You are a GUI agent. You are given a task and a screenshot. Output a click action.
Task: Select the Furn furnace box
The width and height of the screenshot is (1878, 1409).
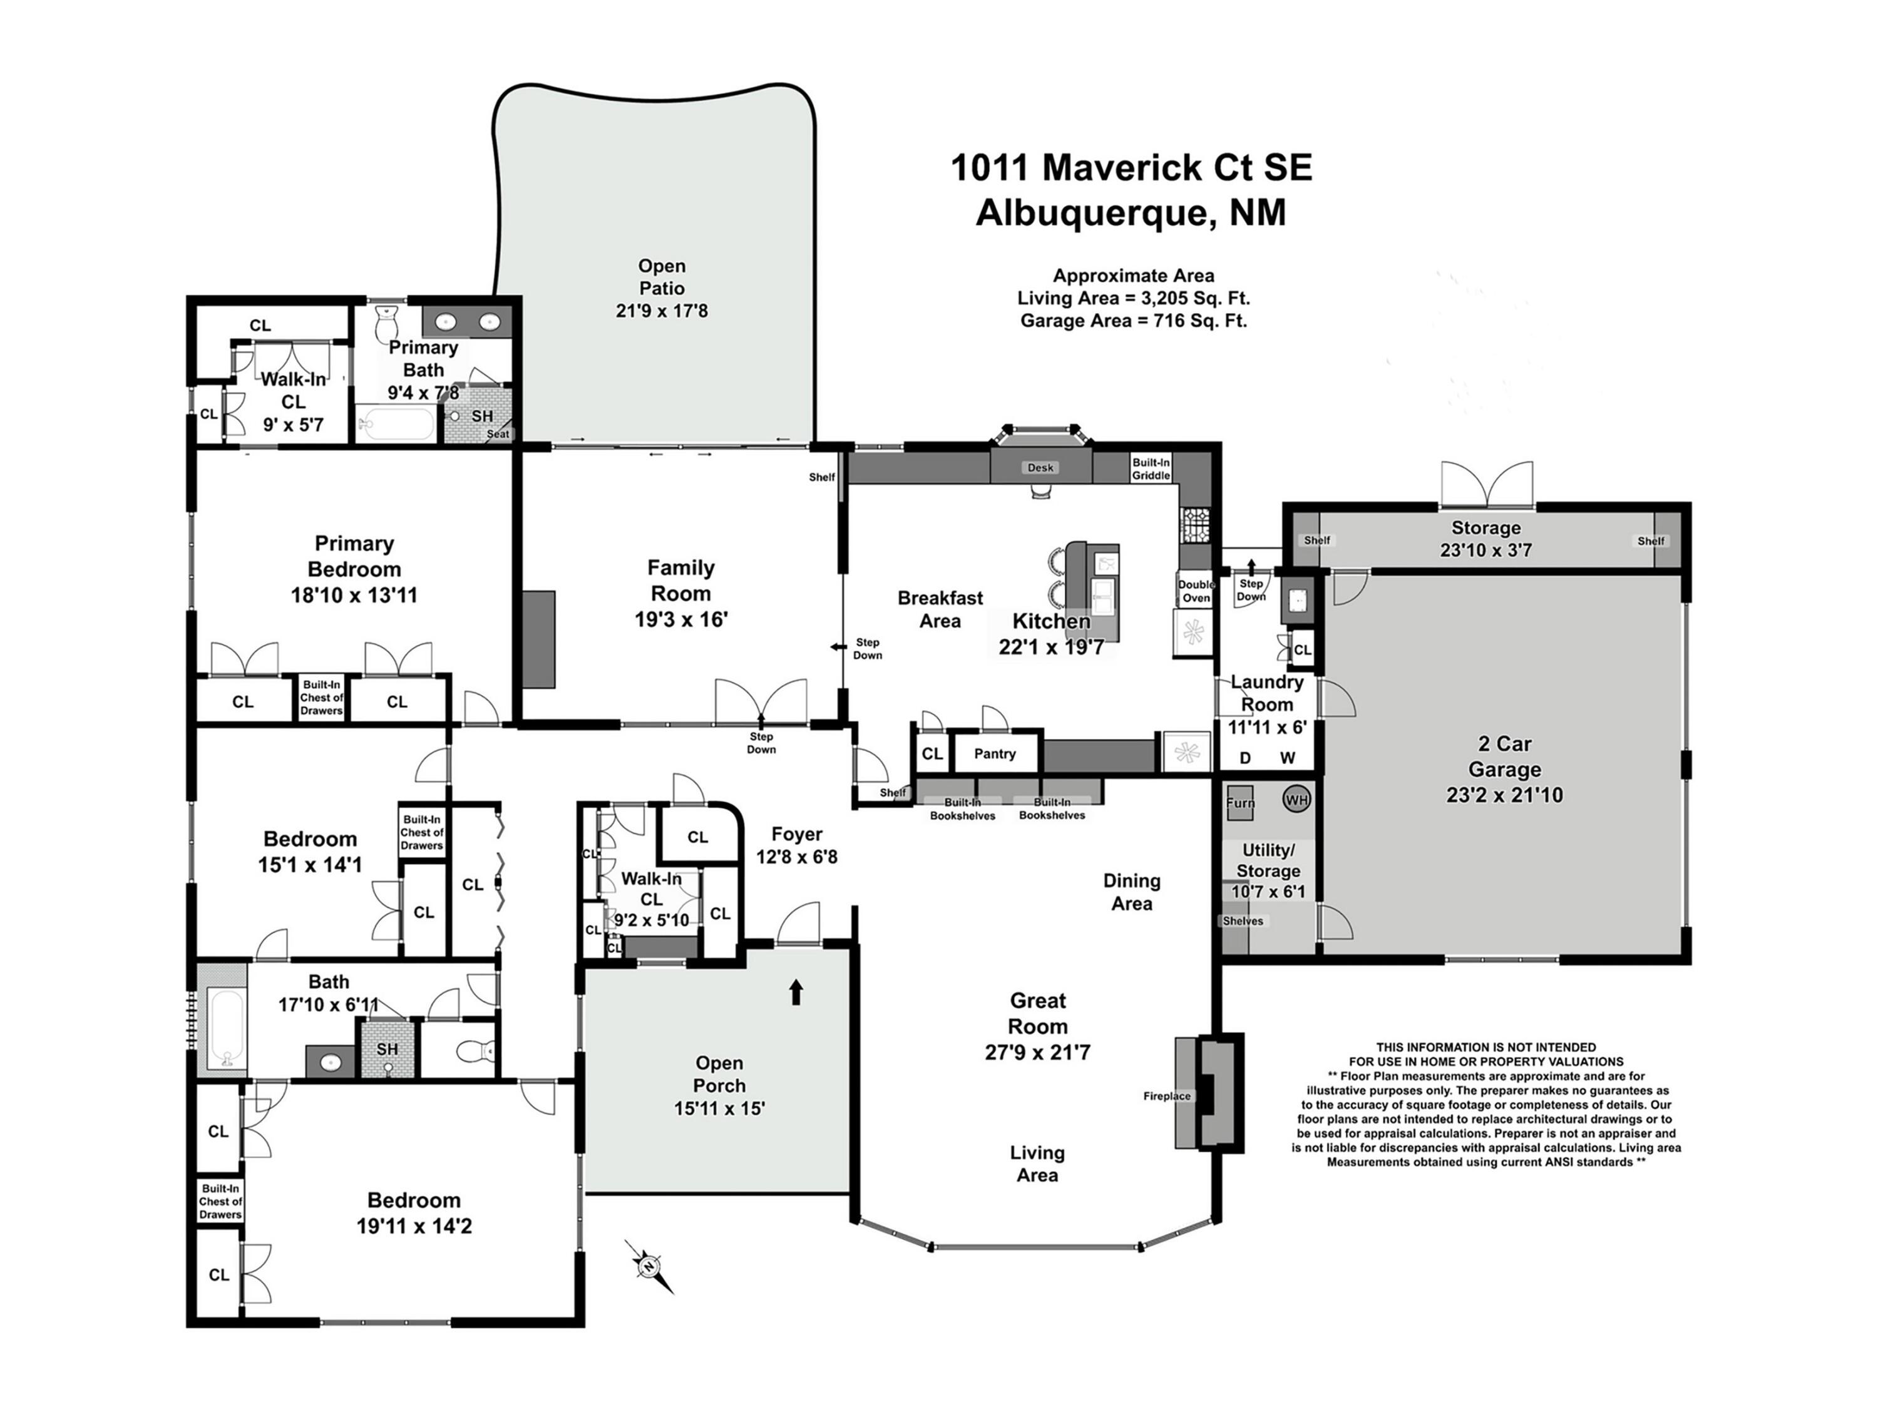[1239, 803]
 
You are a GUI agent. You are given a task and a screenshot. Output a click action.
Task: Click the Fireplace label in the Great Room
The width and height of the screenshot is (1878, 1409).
[1166, 1096]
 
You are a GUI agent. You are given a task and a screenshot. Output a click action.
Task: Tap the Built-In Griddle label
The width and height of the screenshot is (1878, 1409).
[1151, 469]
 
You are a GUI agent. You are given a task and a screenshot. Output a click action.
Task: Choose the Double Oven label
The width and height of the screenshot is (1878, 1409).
[1196, 591]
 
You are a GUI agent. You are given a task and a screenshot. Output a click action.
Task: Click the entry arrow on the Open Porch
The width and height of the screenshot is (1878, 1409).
[796, 992]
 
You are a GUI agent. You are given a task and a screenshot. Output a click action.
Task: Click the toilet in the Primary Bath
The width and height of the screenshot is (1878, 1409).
[386, 321]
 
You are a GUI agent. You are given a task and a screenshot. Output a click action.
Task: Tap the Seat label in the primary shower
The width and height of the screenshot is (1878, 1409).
[498, 434]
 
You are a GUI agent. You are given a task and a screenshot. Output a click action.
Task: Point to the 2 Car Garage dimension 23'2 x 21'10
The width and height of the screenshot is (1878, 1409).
[1504, 795]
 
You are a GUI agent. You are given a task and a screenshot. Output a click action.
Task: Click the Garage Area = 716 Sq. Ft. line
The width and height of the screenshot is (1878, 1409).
[1134, 320]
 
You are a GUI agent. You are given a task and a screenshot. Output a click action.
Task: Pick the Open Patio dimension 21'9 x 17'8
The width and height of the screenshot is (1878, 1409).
[662, 311]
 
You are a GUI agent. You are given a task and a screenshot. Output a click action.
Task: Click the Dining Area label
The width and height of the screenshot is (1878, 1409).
[1132, 892]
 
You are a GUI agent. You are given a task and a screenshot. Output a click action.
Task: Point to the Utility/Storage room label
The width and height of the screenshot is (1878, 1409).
[1268, 860]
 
